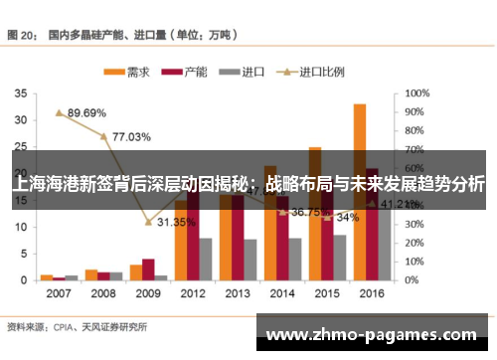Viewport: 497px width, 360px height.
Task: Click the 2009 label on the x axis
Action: tap(147, 293)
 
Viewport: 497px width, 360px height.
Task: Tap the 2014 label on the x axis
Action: tap(281, 293)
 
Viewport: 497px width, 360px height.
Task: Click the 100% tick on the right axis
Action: tap(417, 92)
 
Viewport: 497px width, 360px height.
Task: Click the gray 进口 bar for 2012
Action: tap(206, 259)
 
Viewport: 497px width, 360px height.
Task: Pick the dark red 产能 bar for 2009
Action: tap(148, 270)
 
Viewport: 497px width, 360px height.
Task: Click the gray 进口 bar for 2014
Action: tap(295, 259)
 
